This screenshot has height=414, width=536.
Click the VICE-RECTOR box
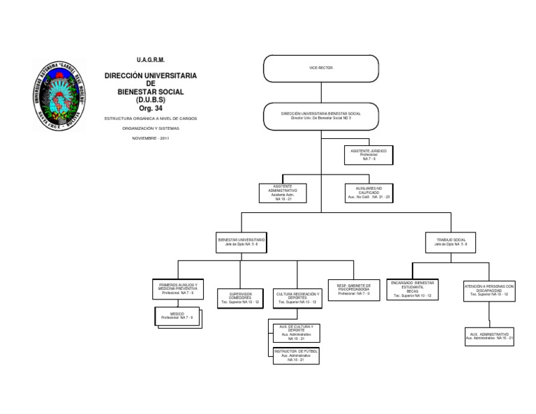pos(321,68)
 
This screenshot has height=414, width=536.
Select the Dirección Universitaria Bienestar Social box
pos(321,115)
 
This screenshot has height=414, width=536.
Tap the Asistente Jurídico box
pos(368,154)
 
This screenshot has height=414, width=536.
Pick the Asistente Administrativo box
pos(283,193)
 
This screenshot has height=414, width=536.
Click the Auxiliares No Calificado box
pos(368,193)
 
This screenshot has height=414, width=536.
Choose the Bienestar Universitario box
pos(241,242)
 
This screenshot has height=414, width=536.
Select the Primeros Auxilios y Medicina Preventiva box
pos(178,290)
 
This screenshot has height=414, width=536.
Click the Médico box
pos(178,318)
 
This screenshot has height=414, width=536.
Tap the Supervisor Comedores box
pos(240,298)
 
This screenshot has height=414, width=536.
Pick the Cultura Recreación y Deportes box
pos(297,298)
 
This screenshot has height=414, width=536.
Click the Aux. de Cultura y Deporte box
pos(296,333)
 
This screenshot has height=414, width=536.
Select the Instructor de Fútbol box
pos(296,355)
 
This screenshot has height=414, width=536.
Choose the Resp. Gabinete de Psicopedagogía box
pos(353,290)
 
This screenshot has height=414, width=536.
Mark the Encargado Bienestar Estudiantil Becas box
pos(412,290)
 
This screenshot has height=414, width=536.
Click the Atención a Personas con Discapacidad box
pos(489,290)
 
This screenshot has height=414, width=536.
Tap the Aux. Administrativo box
pos(489,337)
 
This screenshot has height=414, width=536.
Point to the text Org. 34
pos(150,108)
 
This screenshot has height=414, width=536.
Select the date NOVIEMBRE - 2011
pos(150,138)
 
